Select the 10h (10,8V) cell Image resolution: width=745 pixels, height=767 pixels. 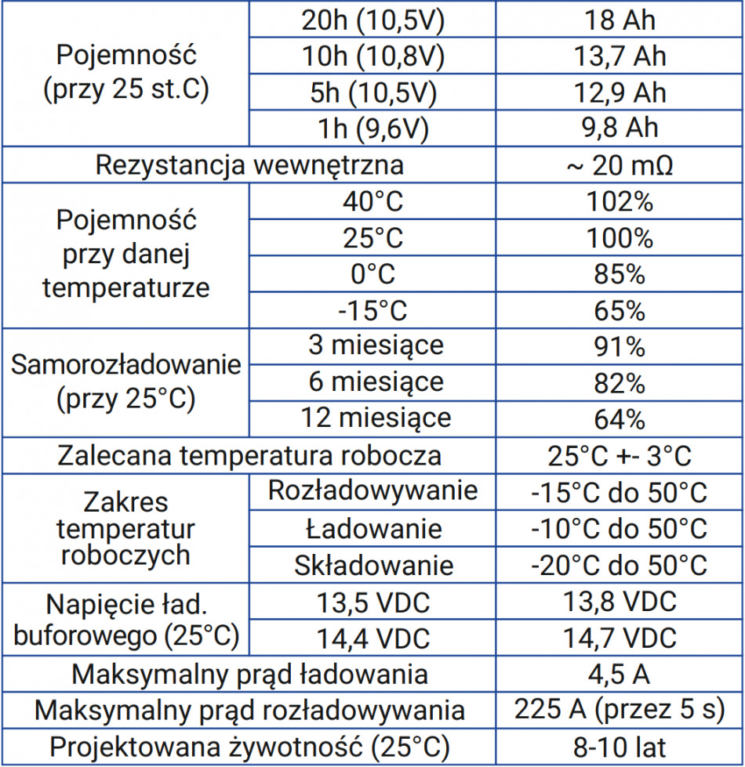(x=372, y=56)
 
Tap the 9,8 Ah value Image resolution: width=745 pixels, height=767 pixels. (x=620, y=128)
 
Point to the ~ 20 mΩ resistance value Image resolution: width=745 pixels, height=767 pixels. (x=620, y=165)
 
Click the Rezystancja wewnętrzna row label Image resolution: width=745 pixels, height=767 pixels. (x=249, y=165)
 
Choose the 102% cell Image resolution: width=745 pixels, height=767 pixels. (x=620, y=202)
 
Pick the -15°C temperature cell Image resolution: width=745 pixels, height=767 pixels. (x=372, y=310)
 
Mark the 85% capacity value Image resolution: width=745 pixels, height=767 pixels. (x=620, y=274)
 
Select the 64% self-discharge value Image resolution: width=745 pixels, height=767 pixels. (x=620, y=418)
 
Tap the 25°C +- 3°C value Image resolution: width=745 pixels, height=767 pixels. (x=620, y=455)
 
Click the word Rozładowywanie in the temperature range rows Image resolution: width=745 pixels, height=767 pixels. (x=372, y=491)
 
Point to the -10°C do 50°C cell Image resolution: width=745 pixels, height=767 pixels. (x=620, y=528)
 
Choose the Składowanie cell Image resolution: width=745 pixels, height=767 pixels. (x=373, y=565)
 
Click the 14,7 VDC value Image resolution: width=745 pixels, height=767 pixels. (x=620, y=638)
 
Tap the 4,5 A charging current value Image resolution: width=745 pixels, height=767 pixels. (x=620, y=674)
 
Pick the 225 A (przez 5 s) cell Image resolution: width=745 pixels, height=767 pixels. (x=620, y=710)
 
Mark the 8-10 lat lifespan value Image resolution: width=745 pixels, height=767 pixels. (x=620, y=746)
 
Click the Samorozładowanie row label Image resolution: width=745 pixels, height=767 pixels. (x=125, y=365)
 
